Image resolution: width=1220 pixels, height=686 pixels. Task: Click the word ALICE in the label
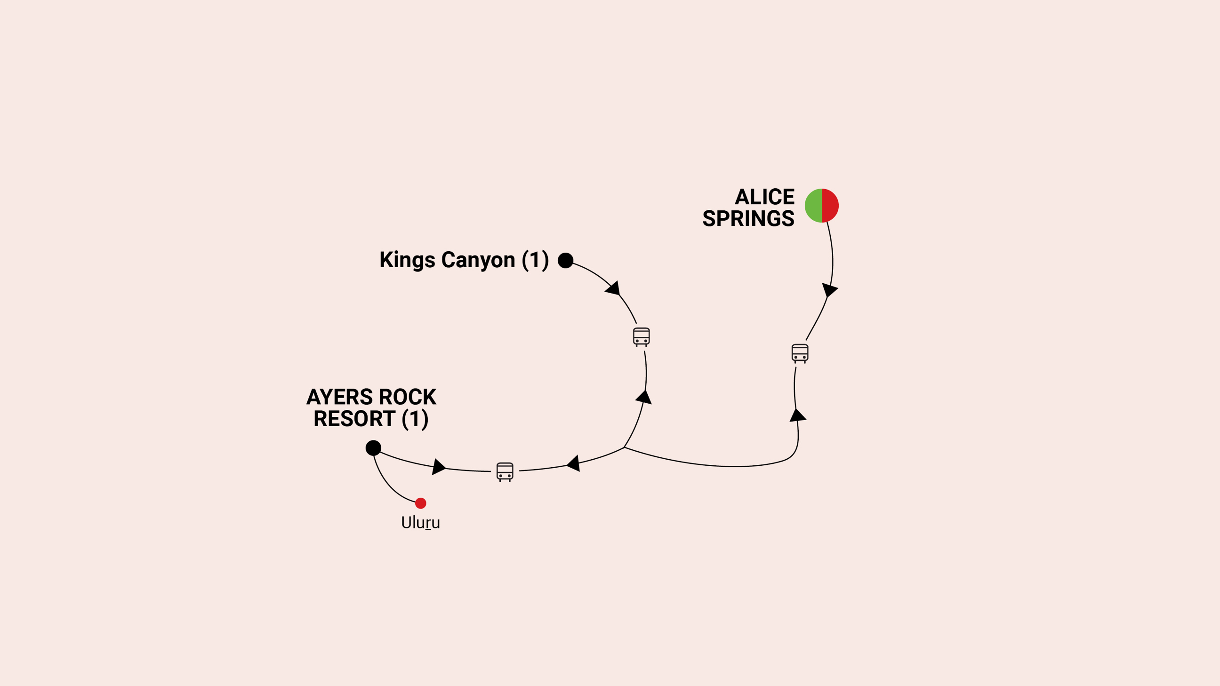point(764,197)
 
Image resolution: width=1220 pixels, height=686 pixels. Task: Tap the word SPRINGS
point(748,219)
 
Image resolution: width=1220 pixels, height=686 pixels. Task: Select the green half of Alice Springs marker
point(814,206)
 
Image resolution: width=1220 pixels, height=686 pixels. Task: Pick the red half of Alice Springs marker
point(830,206)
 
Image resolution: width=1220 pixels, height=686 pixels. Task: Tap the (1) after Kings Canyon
point(535,260)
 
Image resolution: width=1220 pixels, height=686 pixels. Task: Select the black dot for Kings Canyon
point(565,260)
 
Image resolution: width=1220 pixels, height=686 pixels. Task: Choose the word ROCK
point(407,397)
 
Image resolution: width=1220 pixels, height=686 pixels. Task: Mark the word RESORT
point(354,419)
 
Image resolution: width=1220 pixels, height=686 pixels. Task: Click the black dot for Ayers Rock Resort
point(373,448)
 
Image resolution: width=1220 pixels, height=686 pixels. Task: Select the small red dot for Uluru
point(421,503)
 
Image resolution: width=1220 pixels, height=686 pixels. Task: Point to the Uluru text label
point(421,523)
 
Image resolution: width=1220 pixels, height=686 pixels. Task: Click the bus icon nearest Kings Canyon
point(641,337)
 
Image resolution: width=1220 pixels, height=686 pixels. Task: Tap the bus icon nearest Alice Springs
point(800,353)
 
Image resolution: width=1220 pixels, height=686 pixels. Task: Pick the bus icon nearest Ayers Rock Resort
point(505,472)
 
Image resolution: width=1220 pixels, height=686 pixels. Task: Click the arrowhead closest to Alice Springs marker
point(829,289)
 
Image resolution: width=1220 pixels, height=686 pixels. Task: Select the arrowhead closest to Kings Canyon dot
point(613,288)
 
